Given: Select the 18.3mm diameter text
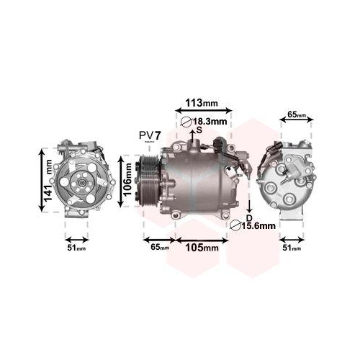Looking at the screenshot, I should [x=212, y=122].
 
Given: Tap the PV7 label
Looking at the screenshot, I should [x=149, y=135].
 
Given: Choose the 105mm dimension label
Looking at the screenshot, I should [x=202, y=248].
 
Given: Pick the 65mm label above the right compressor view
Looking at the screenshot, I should [x=297, y=114].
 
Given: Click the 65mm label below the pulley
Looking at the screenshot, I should [x=160, y=248].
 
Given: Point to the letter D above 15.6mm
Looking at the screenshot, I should [x=248, y=217].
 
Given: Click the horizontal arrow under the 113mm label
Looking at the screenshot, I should [x=204, y=111].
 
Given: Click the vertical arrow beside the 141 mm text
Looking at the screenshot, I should [x=42, y=179].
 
